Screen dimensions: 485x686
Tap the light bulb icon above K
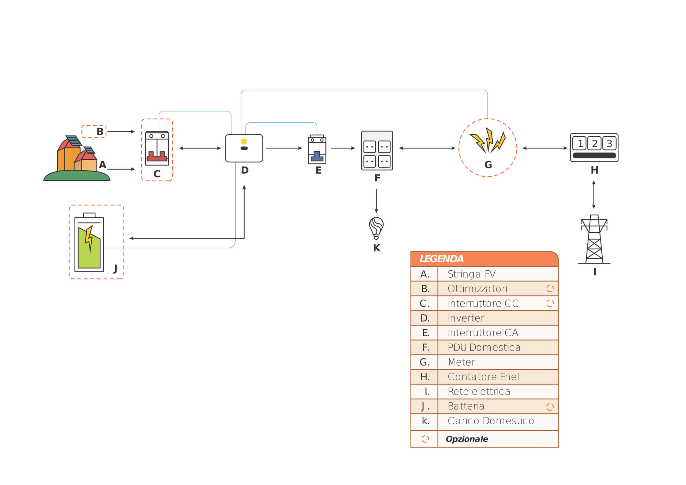pos(376,228)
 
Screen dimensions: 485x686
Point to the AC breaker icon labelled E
pos(317,150)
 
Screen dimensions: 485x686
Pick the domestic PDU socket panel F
pos(377,150)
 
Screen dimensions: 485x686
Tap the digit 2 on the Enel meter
pos(594,143)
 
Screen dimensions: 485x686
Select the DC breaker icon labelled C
pos(157,148)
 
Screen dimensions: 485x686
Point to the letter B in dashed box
pos(100,132)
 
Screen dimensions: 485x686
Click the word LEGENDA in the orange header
pos(441,259)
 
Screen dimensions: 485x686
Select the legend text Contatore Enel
pos(483,377)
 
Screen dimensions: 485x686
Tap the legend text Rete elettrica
pos(479,391)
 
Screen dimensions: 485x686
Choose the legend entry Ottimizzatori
pos(477,289)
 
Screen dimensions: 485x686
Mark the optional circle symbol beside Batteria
pos(550,407)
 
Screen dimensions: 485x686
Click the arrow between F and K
pos(376,201)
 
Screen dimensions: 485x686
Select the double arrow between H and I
pos(594,195)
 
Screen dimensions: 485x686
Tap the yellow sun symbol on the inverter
pos(244,141)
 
